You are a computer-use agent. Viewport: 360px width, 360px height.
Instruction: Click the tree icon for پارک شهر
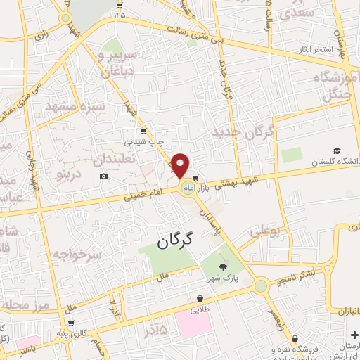pos(224,266)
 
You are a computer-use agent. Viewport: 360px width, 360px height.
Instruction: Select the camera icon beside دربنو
pos(104,176)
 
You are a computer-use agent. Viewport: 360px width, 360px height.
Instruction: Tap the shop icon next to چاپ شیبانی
pos(144,130)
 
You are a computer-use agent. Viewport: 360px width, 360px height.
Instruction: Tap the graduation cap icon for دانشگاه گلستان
pos(336,151)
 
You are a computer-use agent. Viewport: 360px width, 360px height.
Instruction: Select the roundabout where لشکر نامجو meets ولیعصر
pos(261,286)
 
